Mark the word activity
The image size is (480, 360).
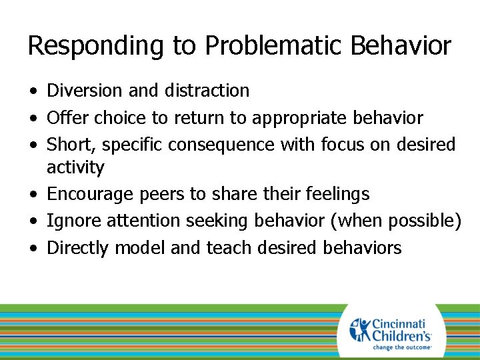click(75, 167)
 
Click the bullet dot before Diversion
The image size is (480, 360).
click(33, 91)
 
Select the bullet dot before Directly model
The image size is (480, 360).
click(33, 249)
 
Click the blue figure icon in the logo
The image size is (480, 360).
click(361, 330)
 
